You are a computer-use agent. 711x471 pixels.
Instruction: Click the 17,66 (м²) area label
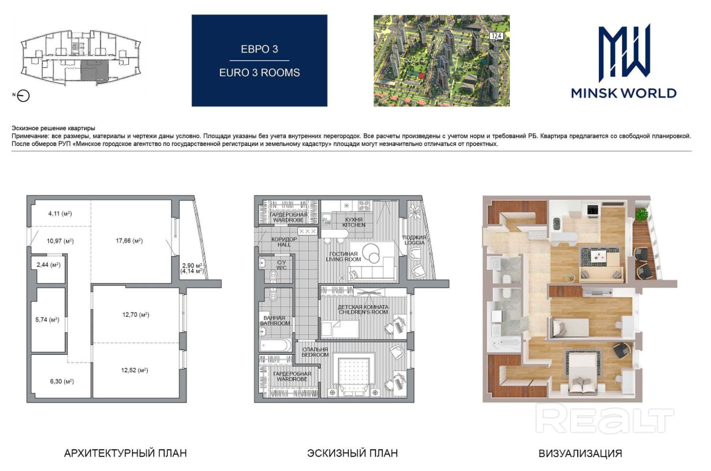(x=129, y=241)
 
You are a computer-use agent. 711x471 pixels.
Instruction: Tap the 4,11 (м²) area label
(x=60, y=214)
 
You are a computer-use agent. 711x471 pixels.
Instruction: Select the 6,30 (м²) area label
(x=62, y=381)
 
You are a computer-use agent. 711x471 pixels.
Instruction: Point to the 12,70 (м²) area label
(x=136, y=315)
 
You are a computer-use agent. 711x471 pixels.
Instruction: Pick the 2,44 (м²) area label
(x=48, y=265)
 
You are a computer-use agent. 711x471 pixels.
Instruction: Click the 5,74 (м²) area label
(x=47, y=320)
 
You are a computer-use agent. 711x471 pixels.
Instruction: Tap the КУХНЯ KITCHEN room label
(x=354, y=222)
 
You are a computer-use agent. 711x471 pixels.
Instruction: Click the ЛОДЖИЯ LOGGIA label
(x=414, y=240)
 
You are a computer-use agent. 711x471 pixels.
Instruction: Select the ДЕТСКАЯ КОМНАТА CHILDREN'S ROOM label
(x=363, y=309)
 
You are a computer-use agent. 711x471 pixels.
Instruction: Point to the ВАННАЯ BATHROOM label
(x=275, y=320)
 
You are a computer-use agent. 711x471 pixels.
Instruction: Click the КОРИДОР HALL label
(x=284, y=242)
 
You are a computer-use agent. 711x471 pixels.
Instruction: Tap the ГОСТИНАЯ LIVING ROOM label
(x=343, y=257)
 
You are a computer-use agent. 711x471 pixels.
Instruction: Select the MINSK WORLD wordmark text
(x=623, y=93)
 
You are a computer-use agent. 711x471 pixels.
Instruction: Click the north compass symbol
(x=23, y=96)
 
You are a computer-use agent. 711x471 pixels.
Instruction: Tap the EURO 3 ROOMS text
(x=259, y=73)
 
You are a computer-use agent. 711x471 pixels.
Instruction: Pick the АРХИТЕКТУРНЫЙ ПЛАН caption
(x=125, y=453)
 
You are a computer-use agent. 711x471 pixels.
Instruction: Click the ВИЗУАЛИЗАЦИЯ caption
(x=580, y=453)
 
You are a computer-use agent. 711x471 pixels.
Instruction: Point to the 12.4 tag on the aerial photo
(x=496, y=35)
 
